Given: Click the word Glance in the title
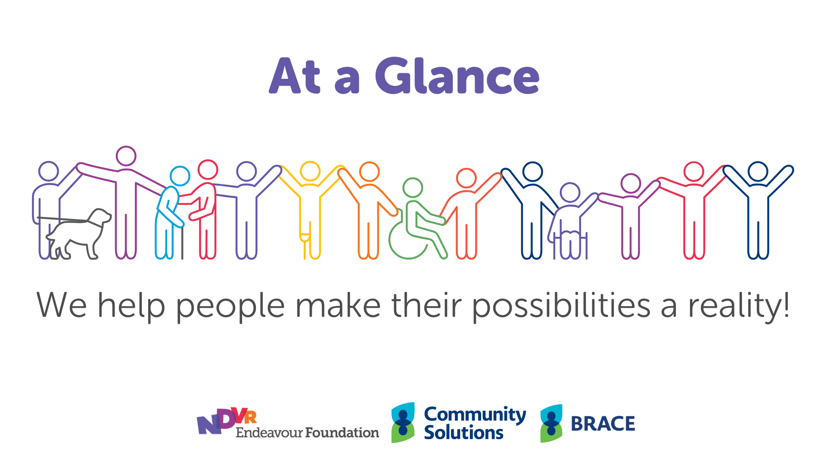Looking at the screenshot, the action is coord(457,76).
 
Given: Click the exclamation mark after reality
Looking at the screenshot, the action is coord(787,304).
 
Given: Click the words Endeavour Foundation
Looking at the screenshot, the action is coord(307,433).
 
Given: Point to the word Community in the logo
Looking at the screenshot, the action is coord(475,414).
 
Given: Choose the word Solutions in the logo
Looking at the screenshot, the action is coord(463,433).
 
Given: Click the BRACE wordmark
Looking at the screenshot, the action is coord(603,424).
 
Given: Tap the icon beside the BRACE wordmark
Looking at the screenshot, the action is coord(551,423).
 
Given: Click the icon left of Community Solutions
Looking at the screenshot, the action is coord(403,422).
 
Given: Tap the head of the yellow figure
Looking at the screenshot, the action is coord(310,171).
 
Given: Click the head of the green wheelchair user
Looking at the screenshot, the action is coord(413,188).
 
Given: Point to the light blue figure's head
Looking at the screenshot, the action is coord(180,176).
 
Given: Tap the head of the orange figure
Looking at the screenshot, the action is coord(369,172).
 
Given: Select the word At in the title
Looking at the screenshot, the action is coord(295,76).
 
